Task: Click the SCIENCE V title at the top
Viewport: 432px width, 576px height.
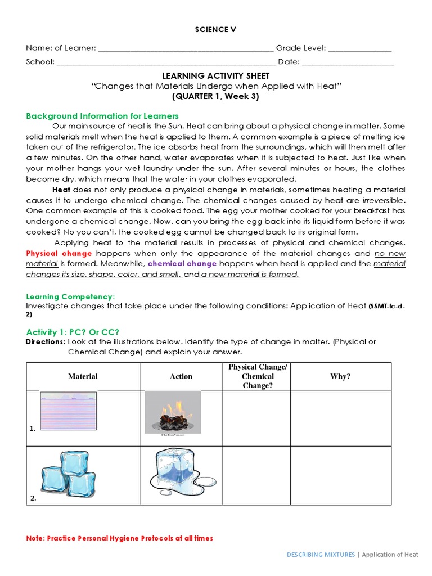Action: point(217,29)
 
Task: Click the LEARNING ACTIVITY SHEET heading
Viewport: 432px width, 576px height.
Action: point(217,76)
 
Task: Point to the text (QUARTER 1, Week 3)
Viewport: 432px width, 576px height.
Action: point(217,96)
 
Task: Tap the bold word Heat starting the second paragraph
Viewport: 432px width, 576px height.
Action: point(61,190)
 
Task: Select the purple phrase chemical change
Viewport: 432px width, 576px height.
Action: point(182,264)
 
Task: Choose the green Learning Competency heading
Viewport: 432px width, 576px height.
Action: point(70,296)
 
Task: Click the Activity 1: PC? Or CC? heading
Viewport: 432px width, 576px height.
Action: point(73,332)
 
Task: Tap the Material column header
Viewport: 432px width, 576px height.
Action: point(83,376)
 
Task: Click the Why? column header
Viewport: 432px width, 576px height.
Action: point(340,376)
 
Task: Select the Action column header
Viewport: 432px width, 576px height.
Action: point(181,376)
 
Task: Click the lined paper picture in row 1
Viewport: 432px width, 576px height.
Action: point(68,412)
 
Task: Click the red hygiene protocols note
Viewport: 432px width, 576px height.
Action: point(119,538)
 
